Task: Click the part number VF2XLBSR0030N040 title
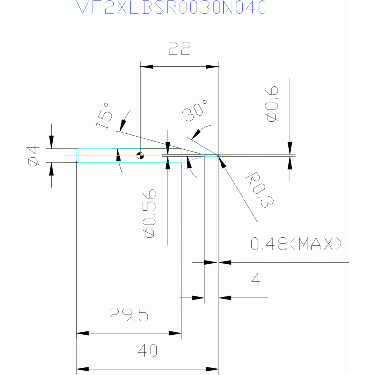pos(171,7)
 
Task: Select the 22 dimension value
pos(179,48)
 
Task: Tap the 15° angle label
pos(104,116)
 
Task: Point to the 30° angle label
pos(195,110)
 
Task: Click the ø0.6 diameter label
pos(272,104)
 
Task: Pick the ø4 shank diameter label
pos(33,155)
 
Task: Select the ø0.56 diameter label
pos(149,213)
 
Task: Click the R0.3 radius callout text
pos(260,190)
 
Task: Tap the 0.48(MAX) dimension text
pos(296,243)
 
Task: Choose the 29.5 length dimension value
pos(129,315)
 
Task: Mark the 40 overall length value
pos(148,351)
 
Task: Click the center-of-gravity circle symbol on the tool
pos(140,155)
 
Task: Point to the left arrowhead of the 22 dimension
pos(147,66)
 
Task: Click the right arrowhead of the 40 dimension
pos(212,369)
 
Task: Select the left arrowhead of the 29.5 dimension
pos(83,333)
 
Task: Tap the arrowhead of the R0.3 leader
pos(221,162)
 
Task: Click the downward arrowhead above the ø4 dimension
pos(51,142)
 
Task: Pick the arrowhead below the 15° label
pos(123,125)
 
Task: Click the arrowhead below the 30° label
pos(196,134)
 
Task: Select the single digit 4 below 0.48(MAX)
pos(256,279)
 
